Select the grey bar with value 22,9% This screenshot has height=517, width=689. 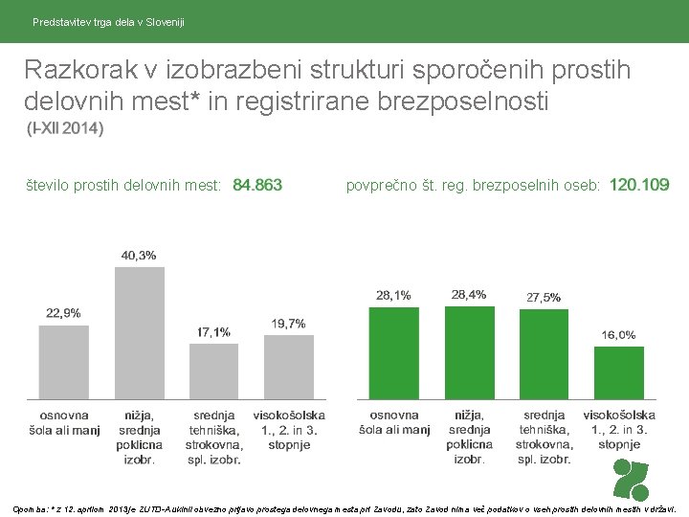coord(64,362)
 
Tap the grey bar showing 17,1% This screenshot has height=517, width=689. coord(213,371)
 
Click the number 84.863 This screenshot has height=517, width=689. coord(257,185)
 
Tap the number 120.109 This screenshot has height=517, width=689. coord(639,185)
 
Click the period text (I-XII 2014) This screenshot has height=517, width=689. coord(65,128)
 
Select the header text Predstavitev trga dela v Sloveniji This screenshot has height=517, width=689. coord(108,21)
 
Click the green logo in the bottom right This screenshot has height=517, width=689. coord(631,479)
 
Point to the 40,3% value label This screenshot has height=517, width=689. coord(139,256)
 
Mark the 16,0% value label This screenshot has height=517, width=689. coord(618,334)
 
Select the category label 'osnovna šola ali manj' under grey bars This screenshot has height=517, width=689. coord(64,422)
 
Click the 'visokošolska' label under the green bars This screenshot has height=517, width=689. coord(619,415)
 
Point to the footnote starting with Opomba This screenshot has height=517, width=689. coord(344,507)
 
